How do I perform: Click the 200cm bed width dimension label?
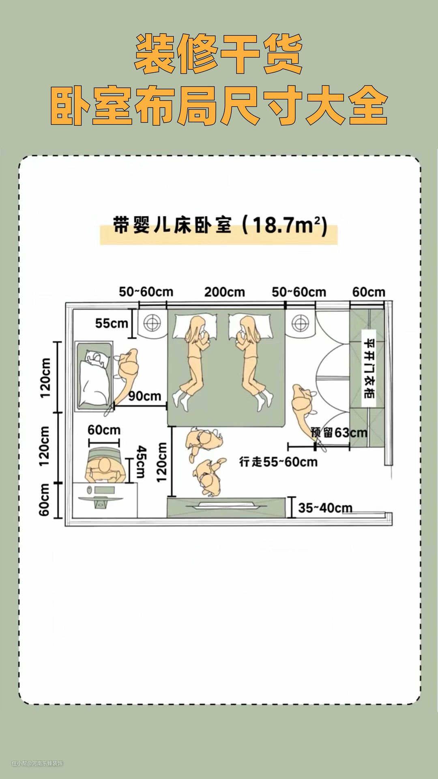click(224, 292)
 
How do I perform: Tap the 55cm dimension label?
click(112, 323)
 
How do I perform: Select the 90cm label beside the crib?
click(145, 396)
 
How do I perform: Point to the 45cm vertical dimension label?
click(141, 462)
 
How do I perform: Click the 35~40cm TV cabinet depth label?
click(325, 508)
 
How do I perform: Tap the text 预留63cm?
click(339, 433)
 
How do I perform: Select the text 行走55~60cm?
click(278, 462)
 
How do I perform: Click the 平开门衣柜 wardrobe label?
click(369, 368)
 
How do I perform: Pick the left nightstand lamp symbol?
click(152, 323)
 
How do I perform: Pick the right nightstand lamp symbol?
click(300, 323)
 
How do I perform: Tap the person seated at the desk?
click(105, 469)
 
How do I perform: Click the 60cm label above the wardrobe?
click(369, 292)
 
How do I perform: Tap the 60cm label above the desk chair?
click(104, 430)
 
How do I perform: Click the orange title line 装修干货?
click(219, 54)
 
